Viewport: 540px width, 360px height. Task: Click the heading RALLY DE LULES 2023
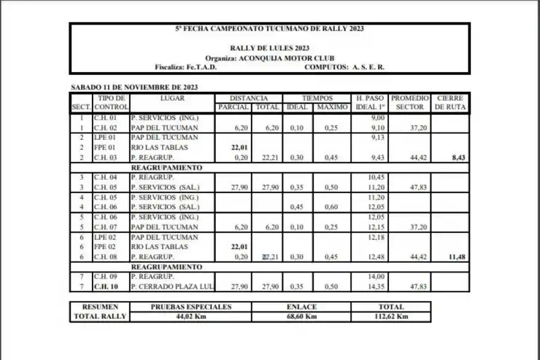(269, 49)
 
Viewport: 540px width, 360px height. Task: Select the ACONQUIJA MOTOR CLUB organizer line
(269, 58)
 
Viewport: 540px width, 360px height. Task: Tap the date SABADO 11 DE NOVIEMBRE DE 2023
(134, 88)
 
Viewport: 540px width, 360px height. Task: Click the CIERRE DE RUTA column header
(450, 103)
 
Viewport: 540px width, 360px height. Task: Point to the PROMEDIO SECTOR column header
(410, 103)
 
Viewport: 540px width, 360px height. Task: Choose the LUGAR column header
(172, 98)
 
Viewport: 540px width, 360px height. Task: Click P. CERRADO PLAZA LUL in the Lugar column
(172, 286)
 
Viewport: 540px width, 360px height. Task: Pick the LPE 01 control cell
(105, 137)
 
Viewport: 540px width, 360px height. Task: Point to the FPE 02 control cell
(105, 247)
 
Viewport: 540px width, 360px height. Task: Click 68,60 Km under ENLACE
(301, 316)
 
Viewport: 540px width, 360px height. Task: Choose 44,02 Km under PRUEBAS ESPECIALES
(190, 316)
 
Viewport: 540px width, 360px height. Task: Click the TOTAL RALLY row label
(100, 316)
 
